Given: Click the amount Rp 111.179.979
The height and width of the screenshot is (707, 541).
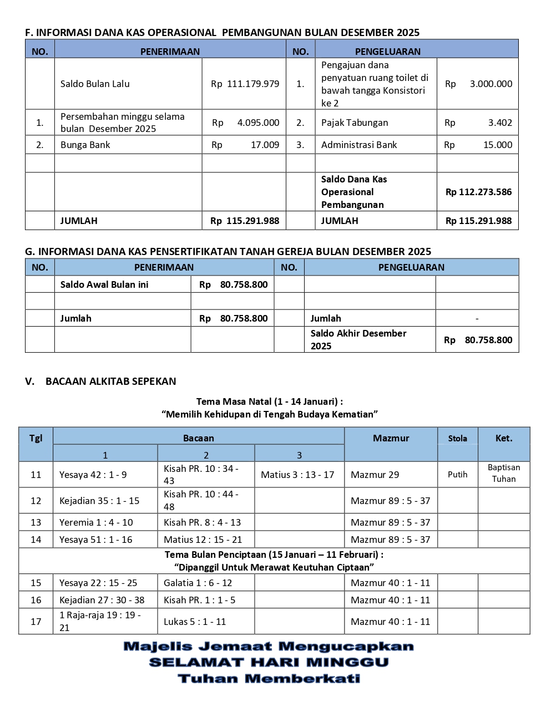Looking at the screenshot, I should click(245, 84).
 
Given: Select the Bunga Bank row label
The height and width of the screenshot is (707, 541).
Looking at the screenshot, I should click(85, 145).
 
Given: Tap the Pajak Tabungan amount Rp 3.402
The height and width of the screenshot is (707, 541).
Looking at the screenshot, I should click(478, 123).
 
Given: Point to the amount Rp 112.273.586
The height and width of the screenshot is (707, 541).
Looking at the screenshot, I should click(478, 192).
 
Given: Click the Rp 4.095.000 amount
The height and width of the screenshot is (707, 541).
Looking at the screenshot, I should click(245, 123).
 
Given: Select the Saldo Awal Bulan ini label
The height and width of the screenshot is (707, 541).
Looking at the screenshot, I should click(104, 284).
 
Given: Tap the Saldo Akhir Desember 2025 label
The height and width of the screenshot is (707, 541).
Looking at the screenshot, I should click(358, 339).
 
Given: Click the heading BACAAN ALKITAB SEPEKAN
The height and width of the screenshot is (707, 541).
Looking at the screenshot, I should click(110, 381).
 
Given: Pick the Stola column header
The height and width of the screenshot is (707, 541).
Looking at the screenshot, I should click(458, 438).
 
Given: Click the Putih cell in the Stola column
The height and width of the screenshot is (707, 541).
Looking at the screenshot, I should click(458, 474).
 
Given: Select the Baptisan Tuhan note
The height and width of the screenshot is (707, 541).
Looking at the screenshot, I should click(504, 473).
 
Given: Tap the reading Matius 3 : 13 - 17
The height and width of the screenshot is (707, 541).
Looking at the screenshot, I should click(297, 475).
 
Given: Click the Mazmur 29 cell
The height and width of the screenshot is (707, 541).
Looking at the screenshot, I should click(375, 475).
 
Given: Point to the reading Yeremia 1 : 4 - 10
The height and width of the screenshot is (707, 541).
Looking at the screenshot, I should click(96, 522).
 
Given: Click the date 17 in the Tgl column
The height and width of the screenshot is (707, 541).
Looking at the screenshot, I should click(36, 622).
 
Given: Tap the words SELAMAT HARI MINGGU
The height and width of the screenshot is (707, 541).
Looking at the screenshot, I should click(269, 662).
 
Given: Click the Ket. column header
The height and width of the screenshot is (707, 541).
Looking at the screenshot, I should click(504, 438).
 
